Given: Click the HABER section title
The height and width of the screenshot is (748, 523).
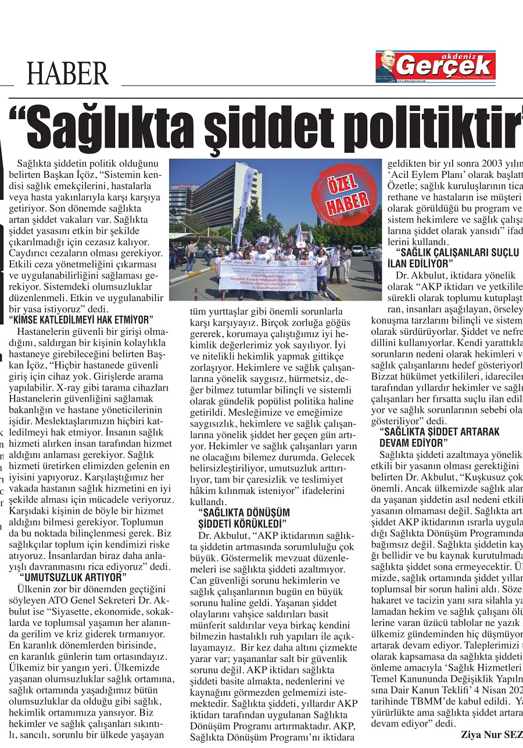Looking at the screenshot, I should [67, 74].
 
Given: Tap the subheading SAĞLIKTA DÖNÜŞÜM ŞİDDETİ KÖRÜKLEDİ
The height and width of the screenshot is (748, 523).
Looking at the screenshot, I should [243, 517].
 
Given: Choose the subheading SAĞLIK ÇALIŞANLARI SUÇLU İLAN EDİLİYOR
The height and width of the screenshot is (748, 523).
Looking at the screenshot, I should [457, 257].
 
